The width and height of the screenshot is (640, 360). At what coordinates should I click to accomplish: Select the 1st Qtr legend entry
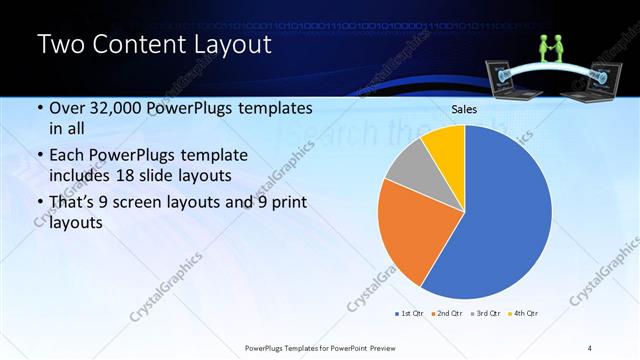411,313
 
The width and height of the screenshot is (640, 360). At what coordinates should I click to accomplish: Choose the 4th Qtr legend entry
526,313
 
